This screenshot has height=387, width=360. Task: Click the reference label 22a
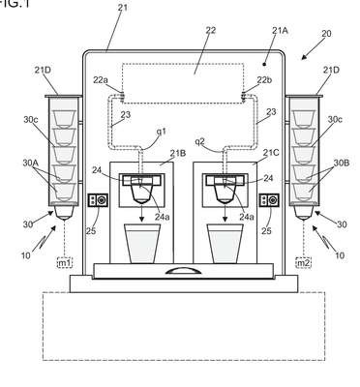click(x=101, y=80)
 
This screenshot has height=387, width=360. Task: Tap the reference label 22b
click(x=264, y=80)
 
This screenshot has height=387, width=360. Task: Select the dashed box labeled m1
click(x=65, y=263)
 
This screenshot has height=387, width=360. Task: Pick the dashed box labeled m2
click(x=304, y=263)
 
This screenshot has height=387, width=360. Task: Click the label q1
click(x=161, y=132)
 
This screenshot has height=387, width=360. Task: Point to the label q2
click(x=200, y=141)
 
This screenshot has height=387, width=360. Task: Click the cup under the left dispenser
click(x=142, y=244)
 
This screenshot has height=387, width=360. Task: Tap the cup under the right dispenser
click(x=225, y=244)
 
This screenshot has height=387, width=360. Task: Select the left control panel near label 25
click(x=98, y=200)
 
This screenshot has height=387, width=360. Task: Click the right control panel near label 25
click(x=269, y=200)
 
